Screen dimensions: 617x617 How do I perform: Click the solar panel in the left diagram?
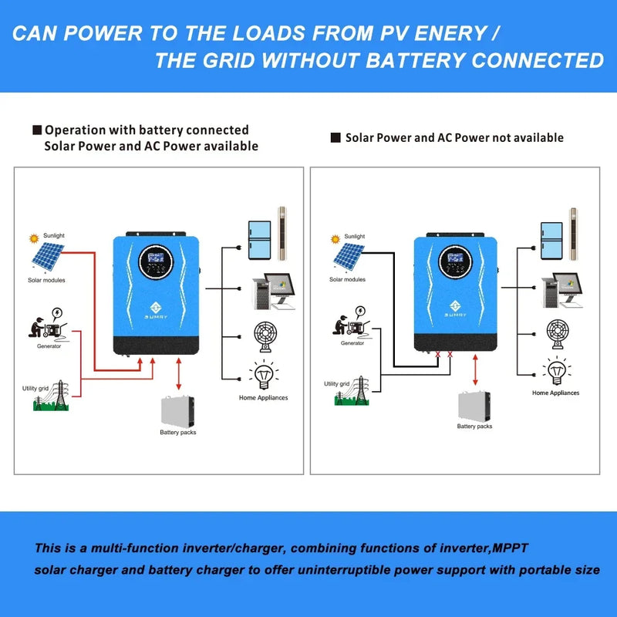point(48,255)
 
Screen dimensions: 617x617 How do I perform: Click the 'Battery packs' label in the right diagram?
point(474,427)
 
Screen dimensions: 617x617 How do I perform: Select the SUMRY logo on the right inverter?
point(454,309)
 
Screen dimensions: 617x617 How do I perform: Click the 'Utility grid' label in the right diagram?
point(336,383)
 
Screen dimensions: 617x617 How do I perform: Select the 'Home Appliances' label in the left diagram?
point(263,398)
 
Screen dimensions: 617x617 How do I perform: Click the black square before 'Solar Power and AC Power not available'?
point(335,138)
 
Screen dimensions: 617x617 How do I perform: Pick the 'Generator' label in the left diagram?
point(49,346)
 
